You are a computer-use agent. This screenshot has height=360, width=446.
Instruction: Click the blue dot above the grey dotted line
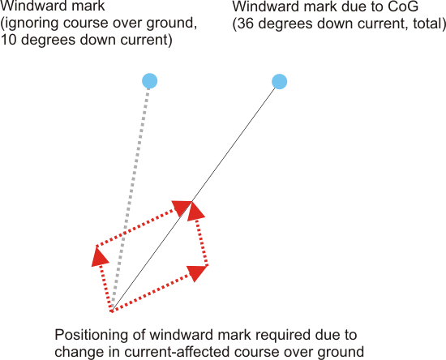coord(150,81)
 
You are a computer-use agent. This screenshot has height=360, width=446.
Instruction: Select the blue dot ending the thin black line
coord(279,82)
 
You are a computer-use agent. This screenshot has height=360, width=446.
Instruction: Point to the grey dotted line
coord(131,199)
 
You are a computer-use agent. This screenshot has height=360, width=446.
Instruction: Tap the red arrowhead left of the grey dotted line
coord(99,257)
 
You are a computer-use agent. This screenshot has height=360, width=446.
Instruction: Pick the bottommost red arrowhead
coord(197,272)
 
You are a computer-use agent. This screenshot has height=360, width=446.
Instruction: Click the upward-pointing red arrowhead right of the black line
coord(195,211)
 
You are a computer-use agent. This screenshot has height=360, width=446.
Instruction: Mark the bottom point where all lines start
coord(112,311)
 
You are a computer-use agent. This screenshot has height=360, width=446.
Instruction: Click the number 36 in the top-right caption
coord(246,24)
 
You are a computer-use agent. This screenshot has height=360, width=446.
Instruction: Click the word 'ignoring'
coord(32,24)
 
